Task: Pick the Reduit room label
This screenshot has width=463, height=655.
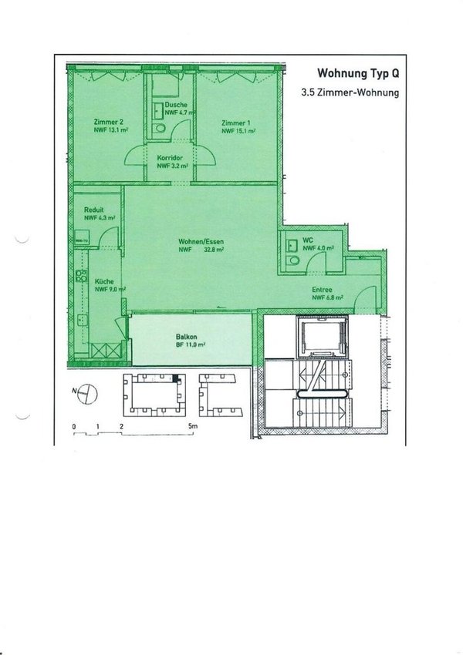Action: click(96, 210)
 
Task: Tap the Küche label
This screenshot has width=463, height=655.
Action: click(104, 282)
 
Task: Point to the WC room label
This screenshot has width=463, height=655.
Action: click(307, 240)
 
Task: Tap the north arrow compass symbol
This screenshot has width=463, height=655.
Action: click(90, 393)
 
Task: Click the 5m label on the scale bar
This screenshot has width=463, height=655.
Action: click(194, 425)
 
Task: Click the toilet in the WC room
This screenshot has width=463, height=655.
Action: click(290, 261)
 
